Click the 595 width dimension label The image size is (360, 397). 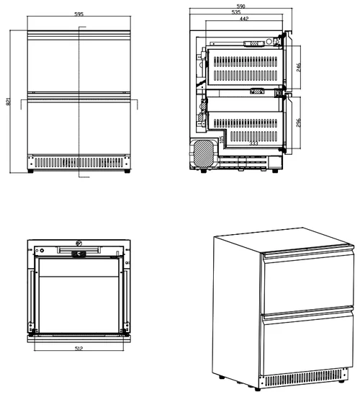(79, 14)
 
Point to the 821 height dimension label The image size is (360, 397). (9, 102)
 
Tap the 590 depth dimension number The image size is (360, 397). (240, 6)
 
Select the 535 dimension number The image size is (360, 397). (235, 12)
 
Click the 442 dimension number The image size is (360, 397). (244, 19)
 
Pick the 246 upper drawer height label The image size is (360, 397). (299, 67)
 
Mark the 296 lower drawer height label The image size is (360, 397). (299, 122)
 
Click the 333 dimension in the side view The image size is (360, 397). (253, 143)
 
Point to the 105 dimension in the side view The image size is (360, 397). (222, 140)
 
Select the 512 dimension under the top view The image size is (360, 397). (78, 349)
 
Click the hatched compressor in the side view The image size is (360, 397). (203, 153)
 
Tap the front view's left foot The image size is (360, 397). (31, 171)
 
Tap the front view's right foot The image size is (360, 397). (127, 171)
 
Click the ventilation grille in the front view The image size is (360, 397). (79, 162)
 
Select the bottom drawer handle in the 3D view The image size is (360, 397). (307, 313)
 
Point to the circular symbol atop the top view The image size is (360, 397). (79, 244)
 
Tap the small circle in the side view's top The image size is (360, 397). (269, 41)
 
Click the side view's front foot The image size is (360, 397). (275, 171)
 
